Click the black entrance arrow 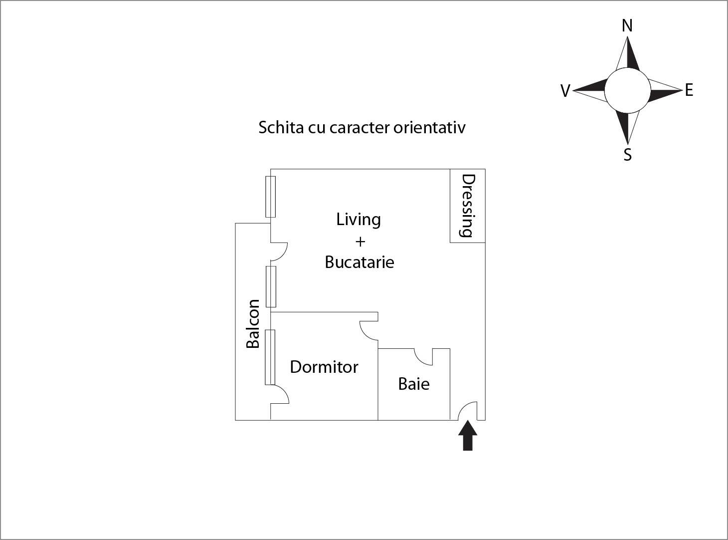point(467,436)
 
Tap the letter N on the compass point(627,25)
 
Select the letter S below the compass point(628,155)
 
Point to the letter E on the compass point(689,90)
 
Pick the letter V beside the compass point(565,91)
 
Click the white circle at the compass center point(627,90)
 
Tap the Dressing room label point(469,206)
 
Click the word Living point(359,220)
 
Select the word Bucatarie point(360,263)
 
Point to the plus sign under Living point(360,242)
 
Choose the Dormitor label point(324,367)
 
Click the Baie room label point(414,384)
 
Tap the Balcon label point(253,324)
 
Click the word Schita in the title point(281,127)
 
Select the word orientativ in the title point(429,127)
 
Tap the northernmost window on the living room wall point(270,197)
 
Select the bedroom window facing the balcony point(270,357)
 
